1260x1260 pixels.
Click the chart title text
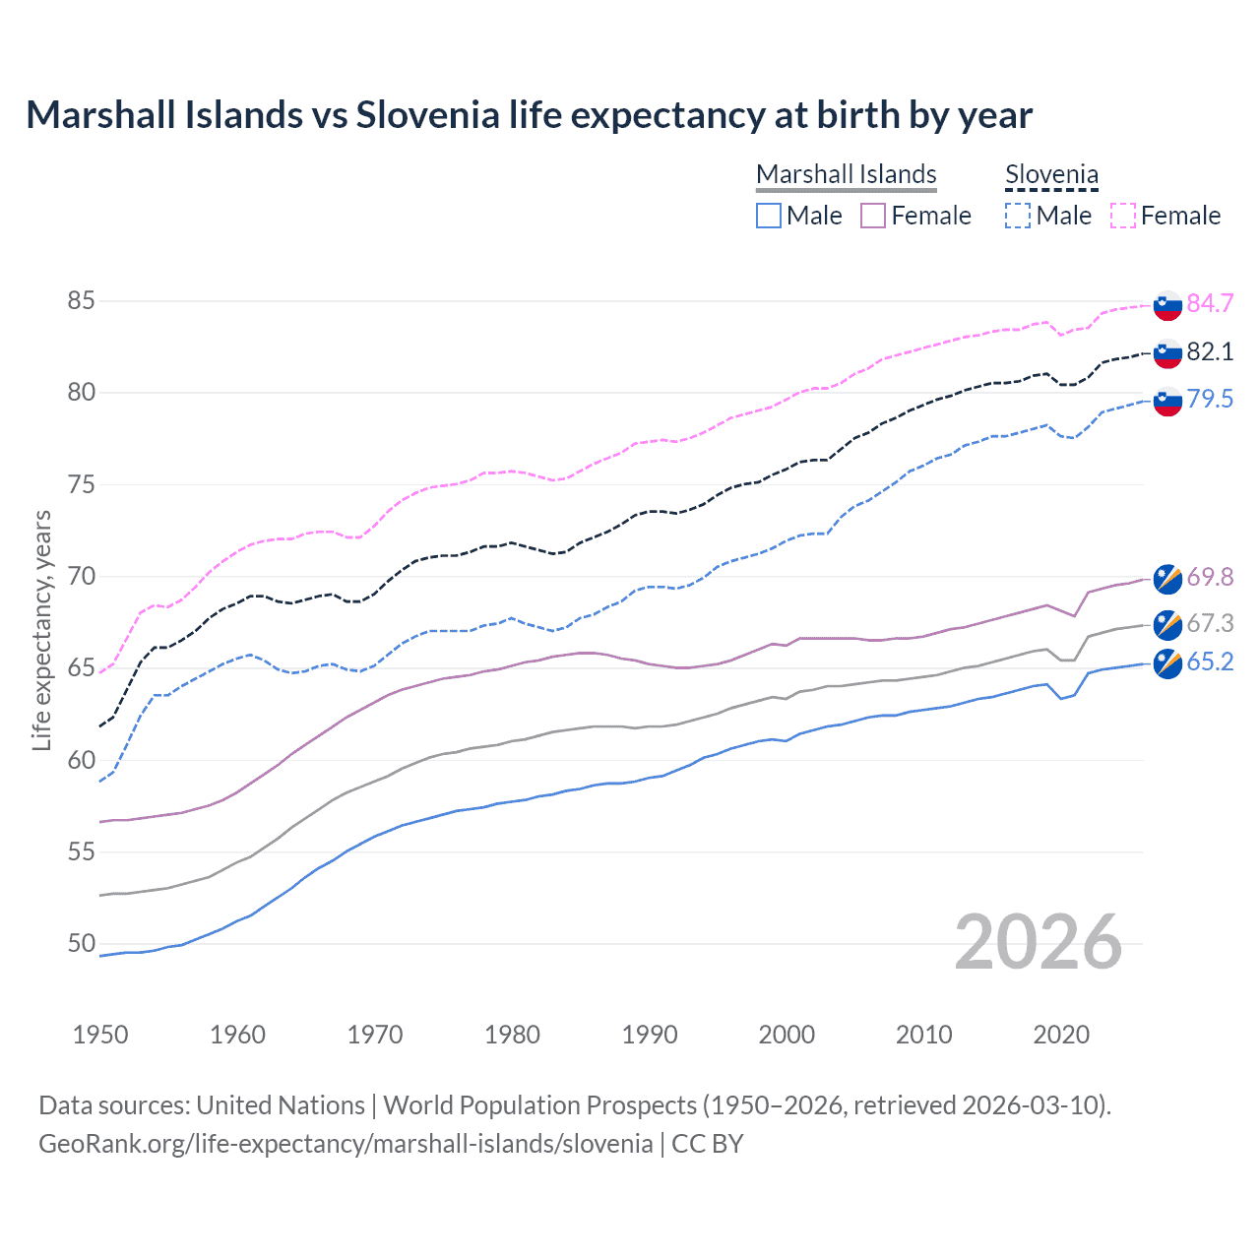[x=529, y=115]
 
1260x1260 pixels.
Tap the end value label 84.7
[x=1210, y=303]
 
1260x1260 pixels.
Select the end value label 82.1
[x=1210, y=351]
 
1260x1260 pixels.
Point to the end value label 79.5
[x=1210, y=399]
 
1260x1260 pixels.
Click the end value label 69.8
[x=1210, y=577]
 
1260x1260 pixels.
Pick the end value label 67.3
[x=1210, y=623]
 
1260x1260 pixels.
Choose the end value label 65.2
[x=1210, y=661]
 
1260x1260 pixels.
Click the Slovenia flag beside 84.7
[x=1167, y=305]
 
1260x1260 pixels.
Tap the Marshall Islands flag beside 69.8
[x=1167, y=580]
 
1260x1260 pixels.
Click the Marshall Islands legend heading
[x=846, y=174]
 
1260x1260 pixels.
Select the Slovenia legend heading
[x=1051, y=174]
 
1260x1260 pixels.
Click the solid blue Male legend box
[x=769, y=216]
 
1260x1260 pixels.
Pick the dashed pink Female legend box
[x=1123, y=216]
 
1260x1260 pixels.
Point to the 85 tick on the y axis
[x=82, y=300]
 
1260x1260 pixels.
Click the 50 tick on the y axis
[x=82, y=943]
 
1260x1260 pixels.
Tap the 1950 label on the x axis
[x=100, y=1035]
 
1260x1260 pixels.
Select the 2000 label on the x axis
[x=787, y=1035]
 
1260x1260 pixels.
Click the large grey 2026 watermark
[x=1038, y=942]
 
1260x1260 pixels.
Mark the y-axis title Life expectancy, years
[x=41, y=630]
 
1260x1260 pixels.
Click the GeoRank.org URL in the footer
[x=346, y=1144]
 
